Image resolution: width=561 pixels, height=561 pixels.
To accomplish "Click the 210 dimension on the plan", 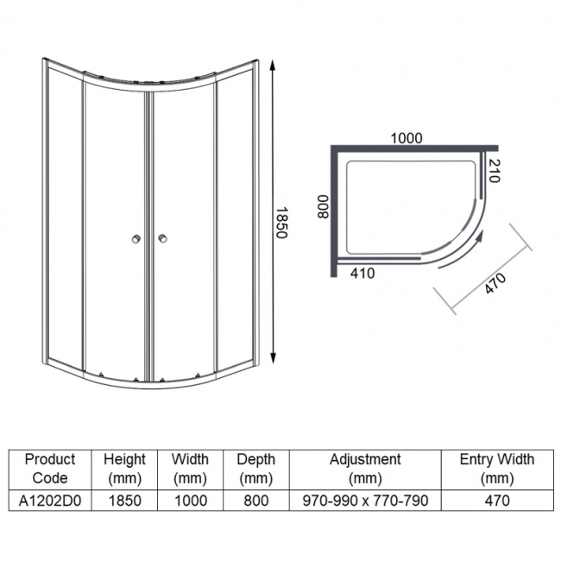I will pyautogui.click(x=494, y=171).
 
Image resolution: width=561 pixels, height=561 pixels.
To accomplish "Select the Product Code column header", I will pyautogui.click(x=50, y=468).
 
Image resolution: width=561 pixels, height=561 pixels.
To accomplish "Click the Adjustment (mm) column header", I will pyautogui.click(x=365, y=468).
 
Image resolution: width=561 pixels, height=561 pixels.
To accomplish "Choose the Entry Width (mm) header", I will pyautogui.click(x=497, y=468).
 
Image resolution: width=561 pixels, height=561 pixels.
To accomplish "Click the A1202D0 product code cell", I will pyautogui.click(x=50, y=500).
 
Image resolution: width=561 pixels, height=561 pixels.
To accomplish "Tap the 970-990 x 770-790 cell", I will pyautogui.click(x=365, y=500).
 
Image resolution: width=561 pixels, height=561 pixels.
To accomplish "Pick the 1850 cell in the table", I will pyautogui.click(x=124, y=500).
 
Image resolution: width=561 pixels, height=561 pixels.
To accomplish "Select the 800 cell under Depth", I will pyautogui.click(x=256, y=500).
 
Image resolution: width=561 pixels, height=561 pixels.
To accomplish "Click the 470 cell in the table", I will pyautogui.click(x=497, y=500).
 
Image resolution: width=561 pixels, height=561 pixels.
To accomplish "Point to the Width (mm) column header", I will pyautogui.click(x=190, y=468).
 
